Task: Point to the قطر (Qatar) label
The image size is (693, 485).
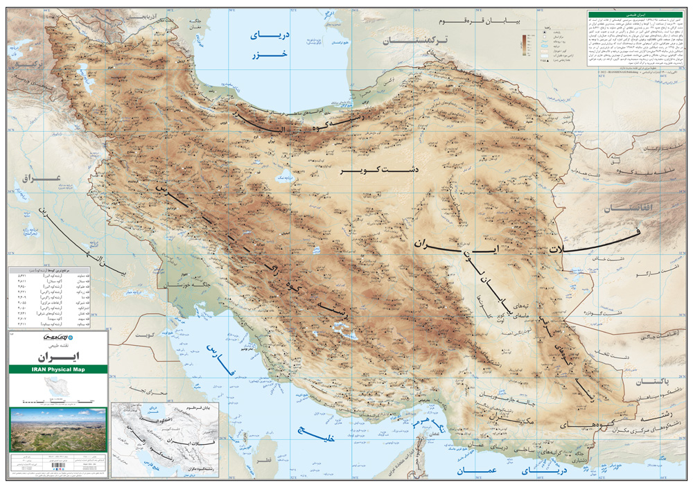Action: click(x=263, y=461)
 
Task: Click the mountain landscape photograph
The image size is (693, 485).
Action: click(x=58, y=430)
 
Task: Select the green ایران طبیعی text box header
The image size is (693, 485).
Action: click(x=635, y=14)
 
